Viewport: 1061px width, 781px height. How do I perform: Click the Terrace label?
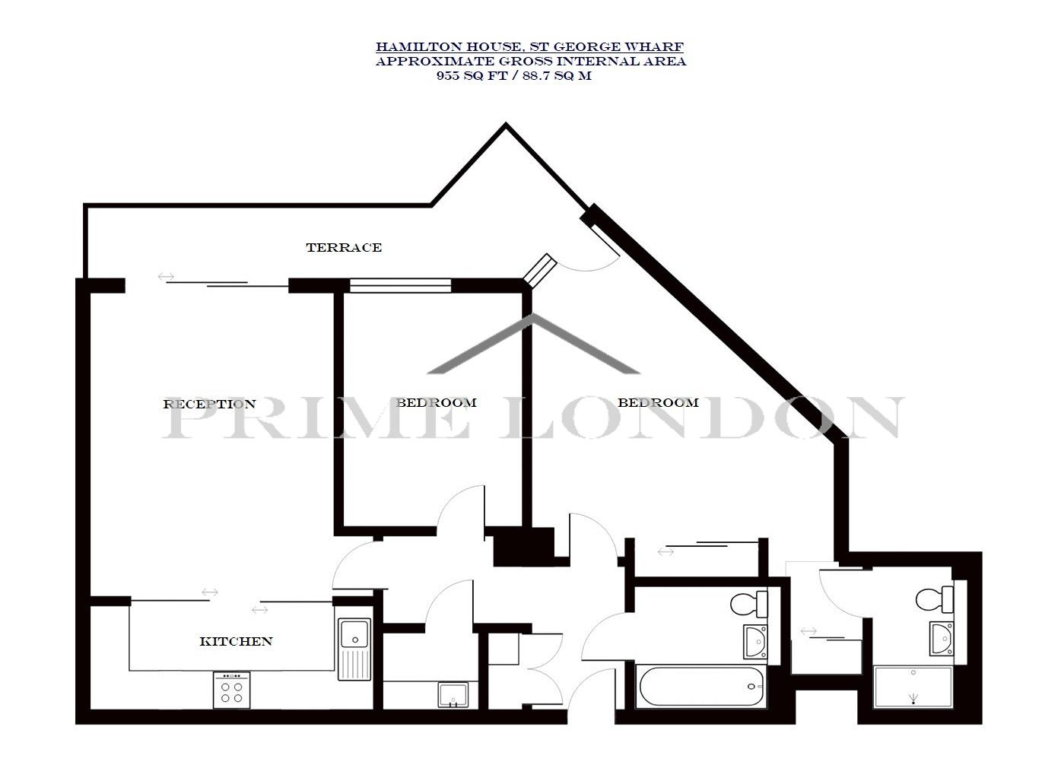[344, 247]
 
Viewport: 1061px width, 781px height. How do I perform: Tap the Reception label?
[209, 404]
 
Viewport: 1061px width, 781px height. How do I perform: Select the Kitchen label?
[236, 641]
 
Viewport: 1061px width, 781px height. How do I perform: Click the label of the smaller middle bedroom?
[436, 402]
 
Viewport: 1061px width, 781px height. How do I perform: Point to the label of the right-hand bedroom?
[658, 402]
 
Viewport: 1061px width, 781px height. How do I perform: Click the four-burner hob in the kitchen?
[232, 690]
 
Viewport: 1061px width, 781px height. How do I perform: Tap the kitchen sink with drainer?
[354, 649]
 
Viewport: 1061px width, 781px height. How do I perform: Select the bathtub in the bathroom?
[701, 686]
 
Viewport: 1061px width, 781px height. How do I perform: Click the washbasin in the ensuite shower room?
[942, 639]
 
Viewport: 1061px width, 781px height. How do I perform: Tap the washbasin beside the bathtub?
[756, 642]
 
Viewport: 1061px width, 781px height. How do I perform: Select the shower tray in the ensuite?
[913, 687]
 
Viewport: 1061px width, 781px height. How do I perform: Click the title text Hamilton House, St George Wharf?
[529, 47]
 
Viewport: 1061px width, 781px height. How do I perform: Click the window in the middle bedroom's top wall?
[400, 286]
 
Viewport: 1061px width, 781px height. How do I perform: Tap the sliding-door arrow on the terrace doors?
[166, 277]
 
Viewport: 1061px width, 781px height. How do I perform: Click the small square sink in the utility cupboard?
[453, 695]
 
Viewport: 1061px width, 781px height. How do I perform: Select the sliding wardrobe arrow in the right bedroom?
[666, 552]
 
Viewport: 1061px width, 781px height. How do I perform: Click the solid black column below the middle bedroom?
[524, 546]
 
